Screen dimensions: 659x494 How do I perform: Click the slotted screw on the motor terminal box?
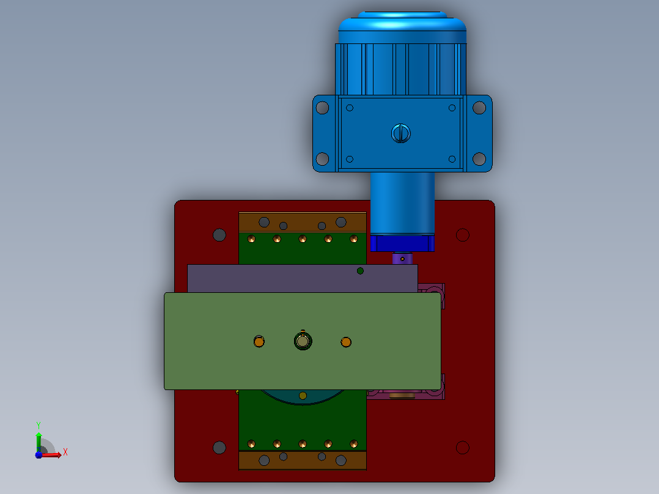[400, 134]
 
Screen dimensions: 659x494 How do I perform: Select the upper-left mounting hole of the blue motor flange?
[322, 108]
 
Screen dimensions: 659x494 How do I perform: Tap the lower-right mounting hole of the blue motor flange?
[479, 159]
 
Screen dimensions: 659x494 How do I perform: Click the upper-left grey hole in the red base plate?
[219, 235]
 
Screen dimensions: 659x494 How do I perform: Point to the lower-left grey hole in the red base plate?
[219, 448]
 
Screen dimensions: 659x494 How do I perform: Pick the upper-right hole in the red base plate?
[462, 235]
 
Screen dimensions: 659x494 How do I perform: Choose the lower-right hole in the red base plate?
[462, 448]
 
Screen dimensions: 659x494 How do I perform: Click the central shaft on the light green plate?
[303, 341]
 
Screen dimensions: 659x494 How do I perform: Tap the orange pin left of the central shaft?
[259, 341]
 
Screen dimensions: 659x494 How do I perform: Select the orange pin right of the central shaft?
[346, 342]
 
